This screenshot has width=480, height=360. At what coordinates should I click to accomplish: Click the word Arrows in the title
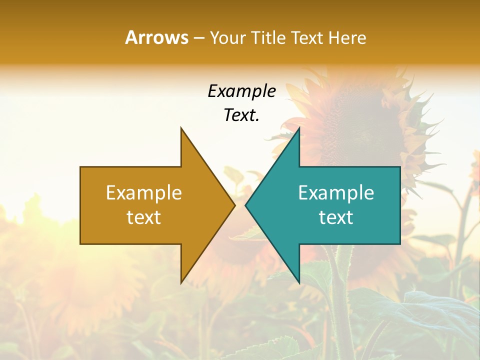[x=156, y=37]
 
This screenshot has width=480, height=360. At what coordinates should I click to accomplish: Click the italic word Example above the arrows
[x=241, y=91]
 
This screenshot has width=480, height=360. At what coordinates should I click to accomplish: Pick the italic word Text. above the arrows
[x=241, y=115]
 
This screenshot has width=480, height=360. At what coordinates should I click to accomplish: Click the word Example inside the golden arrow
[x=144, y=193]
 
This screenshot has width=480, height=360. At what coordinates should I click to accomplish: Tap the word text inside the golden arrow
[x=144, y=217]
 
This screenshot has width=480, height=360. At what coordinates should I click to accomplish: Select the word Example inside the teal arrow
[x=336, y=193]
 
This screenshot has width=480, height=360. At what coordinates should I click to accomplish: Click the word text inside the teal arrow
[x=336, y=217]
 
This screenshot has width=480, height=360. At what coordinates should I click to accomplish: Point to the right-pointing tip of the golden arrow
[x=234, y=205]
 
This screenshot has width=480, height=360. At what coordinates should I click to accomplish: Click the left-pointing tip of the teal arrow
[x=246, y=205]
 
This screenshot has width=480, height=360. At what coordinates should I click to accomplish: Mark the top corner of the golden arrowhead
[x=181, y=128]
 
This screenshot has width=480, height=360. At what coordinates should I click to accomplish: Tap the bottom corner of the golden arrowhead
[x=181, y=282]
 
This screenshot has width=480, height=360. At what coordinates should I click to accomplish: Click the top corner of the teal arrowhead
[x=299, y=128]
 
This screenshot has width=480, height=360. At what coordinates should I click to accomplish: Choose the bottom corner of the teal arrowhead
[x=299, y=282]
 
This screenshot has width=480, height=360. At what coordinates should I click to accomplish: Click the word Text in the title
[x=307, y=38]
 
